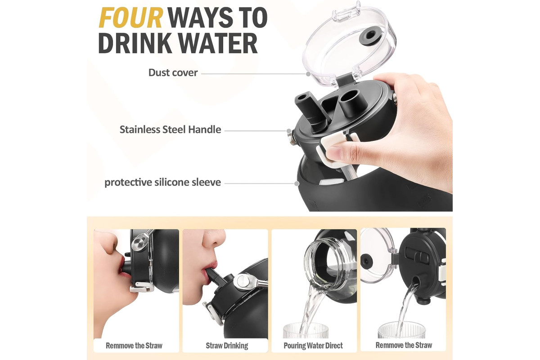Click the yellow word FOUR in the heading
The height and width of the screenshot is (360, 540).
click(x=130, y=18)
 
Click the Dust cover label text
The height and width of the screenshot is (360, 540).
click(x=173, y=73)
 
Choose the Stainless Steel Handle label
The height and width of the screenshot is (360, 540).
click(x=170, y=130)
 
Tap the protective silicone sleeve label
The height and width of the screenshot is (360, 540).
click(x=162, y=183)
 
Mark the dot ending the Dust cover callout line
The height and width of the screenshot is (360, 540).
click(x=308, y=74)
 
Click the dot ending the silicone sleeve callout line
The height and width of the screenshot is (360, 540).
click(x=297, y=184)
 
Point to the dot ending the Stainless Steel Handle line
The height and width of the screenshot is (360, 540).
click(x=289, y=131)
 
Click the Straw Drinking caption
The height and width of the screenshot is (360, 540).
click(x=227, y=346)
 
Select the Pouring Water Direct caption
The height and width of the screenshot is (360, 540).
click(x=313, y=346)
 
